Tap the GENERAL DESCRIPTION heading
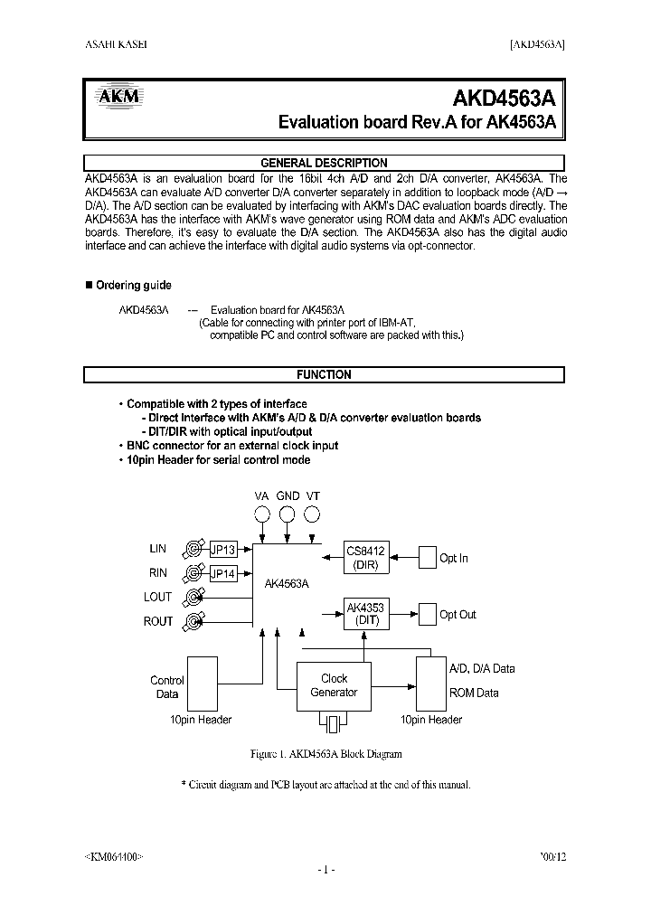pos(324,164)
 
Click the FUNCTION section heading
pos(324,374)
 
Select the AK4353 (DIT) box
pos(365,615)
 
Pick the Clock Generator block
pos(334,686)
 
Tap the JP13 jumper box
pos(223,549)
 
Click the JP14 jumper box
pos(223,573)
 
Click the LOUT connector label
pos(157,598)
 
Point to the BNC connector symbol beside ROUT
pos(193,621)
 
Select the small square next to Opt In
pos(427,558)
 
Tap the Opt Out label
pos(458,615)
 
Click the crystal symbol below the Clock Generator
pos(334,723)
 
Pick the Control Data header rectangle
pos(202,684)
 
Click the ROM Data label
pos(474,693)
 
